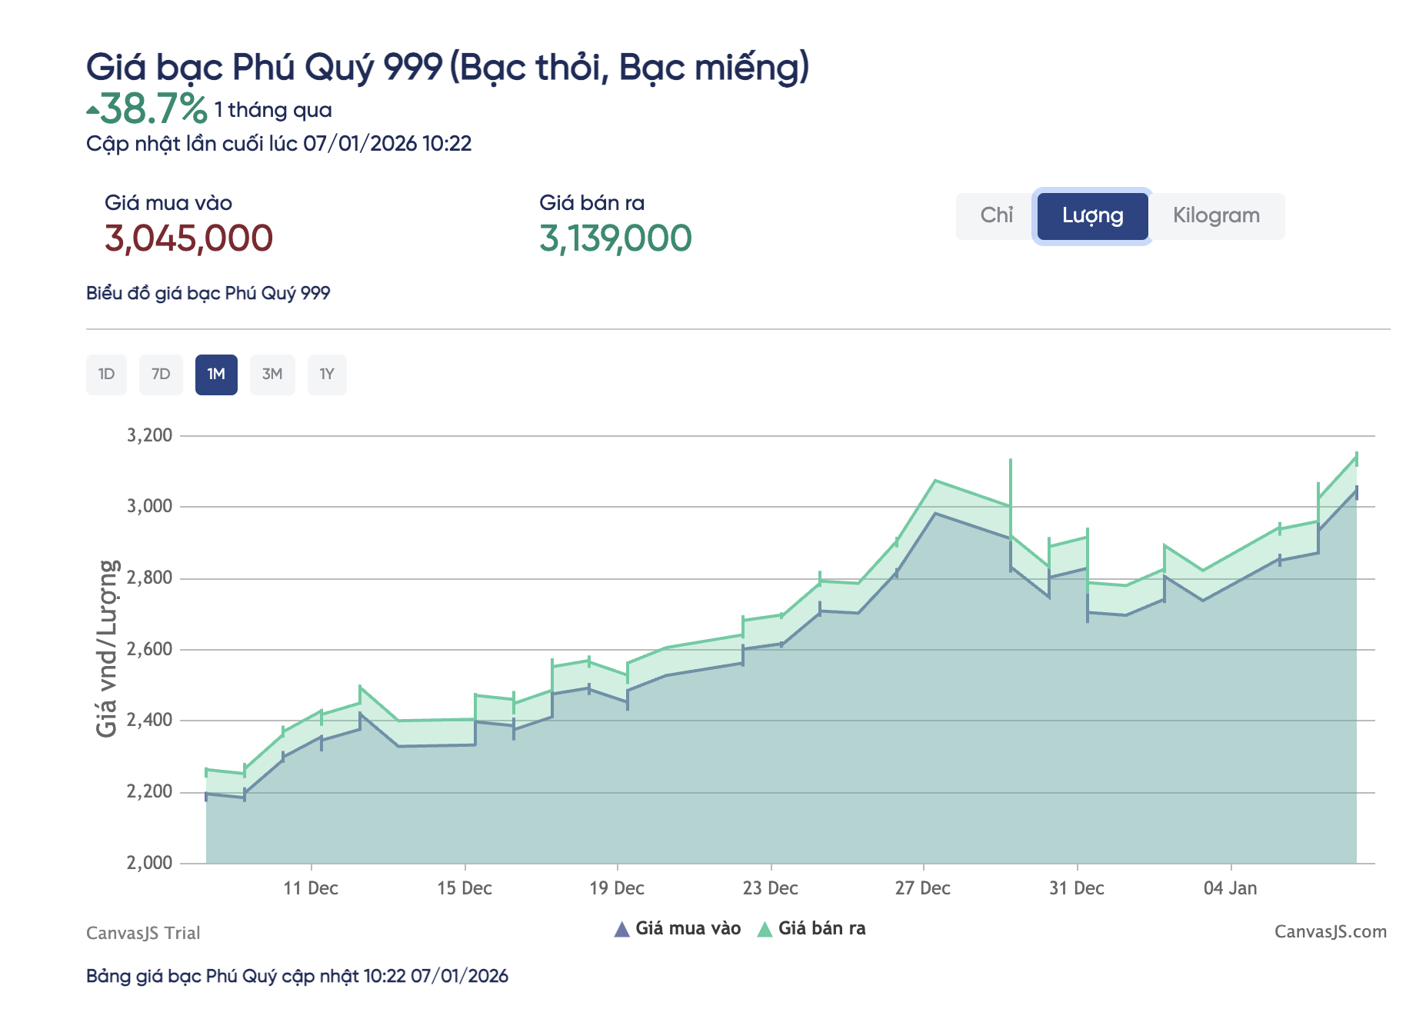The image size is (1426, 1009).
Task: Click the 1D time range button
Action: tap(106, 375)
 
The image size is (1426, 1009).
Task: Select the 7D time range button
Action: tap(161, 375)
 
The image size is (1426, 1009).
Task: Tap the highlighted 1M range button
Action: tap(216, 375)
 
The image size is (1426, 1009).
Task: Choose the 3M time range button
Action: tap(272, 375)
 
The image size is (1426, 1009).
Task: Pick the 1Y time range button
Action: tap(327, 375)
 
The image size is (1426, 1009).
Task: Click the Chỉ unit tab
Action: tap(996, 215)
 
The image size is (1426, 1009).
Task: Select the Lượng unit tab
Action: tap(1092, 216)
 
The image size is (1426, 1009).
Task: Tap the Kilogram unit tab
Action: tap(1216, 215)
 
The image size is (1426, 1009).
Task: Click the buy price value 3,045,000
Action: tap(188, 238)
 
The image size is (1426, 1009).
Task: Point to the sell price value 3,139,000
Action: tap(615, 238)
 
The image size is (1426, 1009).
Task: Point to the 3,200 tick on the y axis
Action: tap(149, 435)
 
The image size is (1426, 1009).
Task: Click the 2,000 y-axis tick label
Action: tap(149, 863)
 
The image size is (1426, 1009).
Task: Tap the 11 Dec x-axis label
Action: tap(311, 889)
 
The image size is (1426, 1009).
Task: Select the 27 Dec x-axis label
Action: tap(923, 889)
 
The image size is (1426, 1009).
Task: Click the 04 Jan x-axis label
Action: tap(1231, 889)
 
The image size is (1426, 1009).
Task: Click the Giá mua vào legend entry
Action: tap(678, 929)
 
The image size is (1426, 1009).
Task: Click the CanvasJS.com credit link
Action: tap(1331, 932)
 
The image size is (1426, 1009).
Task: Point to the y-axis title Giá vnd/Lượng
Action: tap(107, 648)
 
